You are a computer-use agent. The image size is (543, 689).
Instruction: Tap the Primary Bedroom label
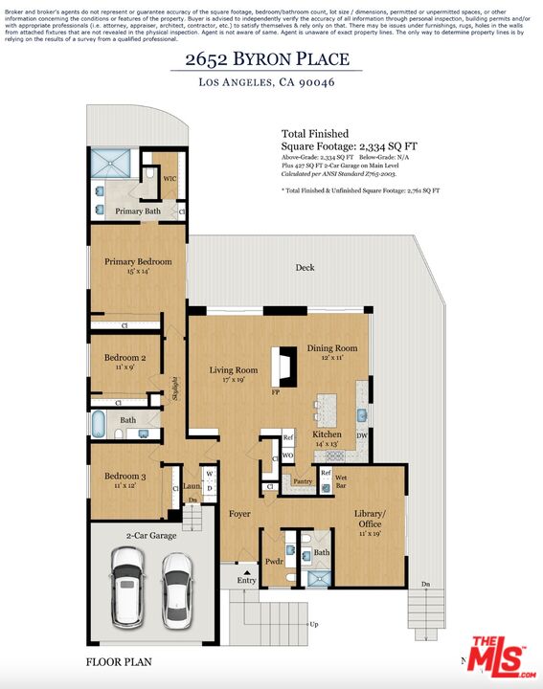point(138,262)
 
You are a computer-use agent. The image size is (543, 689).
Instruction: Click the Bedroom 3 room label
point(124,477)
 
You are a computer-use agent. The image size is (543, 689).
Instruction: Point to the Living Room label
point(234,370)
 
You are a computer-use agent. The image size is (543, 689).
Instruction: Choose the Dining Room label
point(332,348)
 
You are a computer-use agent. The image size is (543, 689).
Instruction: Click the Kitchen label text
point(327,434)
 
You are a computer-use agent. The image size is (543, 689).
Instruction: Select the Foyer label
point(239,514)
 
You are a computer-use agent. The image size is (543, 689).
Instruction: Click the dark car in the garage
point(128,592)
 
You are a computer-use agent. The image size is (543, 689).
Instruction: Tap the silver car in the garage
point(175,591)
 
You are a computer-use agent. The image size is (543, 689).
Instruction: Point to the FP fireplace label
point(276,392)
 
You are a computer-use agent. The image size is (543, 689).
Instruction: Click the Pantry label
point(303,481)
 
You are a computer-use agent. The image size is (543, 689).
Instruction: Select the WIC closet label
point(170,178)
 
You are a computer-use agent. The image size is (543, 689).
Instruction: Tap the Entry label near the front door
point(246,580)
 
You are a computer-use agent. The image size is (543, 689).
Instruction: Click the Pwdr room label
point(273,561)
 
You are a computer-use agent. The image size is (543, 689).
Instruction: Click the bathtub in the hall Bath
point(100,425)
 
